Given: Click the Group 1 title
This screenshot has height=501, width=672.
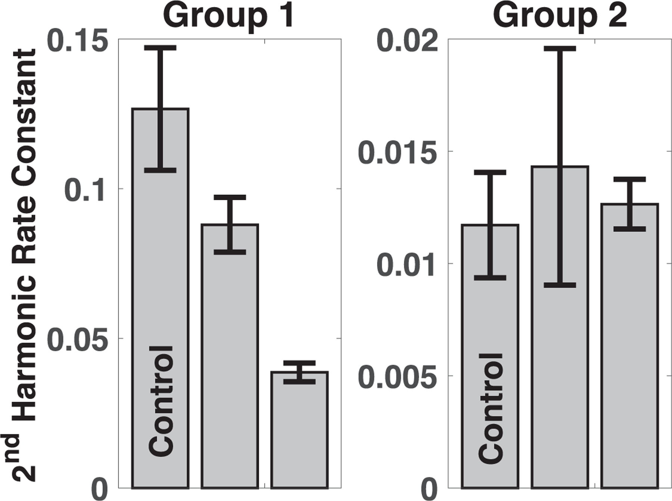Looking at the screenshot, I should click(229, 17).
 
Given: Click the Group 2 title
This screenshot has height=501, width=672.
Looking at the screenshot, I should click(560, 17).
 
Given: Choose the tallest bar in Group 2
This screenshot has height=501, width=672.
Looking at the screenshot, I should click(560, 329).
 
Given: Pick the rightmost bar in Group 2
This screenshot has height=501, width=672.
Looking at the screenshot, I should click(629, 347).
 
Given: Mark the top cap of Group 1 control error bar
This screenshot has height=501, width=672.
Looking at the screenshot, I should click(161, 47).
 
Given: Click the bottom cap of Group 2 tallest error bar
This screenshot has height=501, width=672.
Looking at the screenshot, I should click(560, 285).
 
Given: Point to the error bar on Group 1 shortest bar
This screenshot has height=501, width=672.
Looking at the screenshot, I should click(299, 372).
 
